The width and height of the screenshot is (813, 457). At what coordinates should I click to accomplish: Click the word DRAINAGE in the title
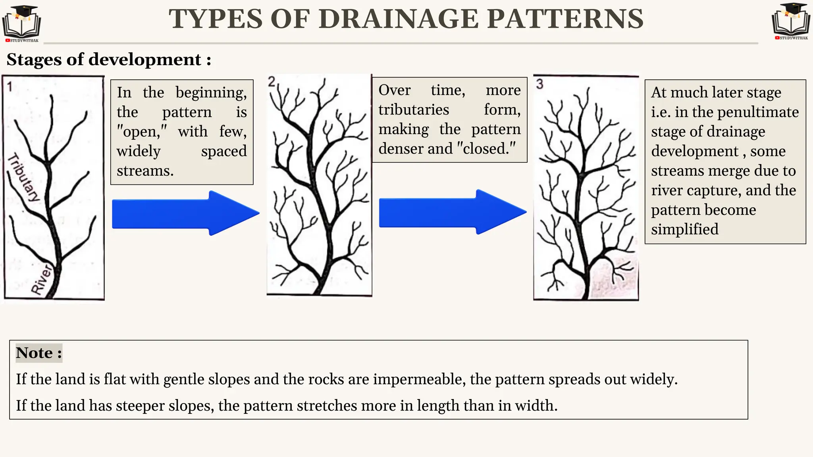coord(399,19)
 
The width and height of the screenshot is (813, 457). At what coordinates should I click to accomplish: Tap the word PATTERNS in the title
coord(565,19)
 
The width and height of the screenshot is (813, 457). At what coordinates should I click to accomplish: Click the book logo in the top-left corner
coord(22,23)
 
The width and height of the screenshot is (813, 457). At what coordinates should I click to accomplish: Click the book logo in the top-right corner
coord(791,21)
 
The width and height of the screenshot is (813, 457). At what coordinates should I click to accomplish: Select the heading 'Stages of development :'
coord(109,60)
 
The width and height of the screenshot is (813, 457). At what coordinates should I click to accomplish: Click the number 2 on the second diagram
coord(272,82)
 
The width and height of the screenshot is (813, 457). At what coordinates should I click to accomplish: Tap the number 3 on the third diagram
coord(539,84)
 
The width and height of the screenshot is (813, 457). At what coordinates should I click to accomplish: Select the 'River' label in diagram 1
coord(41,280)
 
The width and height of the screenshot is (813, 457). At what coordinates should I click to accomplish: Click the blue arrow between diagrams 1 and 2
coord(185,213)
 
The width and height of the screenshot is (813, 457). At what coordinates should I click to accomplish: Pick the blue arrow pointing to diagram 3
coord(452,212)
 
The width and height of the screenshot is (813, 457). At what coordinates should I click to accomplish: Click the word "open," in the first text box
coord(142,132)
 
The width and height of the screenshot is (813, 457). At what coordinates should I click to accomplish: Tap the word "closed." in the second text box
coord(486,149)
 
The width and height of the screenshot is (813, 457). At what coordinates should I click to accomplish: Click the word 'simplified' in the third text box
coord(684,229)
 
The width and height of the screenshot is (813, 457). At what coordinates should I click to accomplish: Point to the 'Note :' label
coord(39,353)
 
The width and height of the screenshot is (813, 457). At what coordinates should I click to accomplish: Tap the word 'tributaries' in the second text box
coord(413,110)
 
